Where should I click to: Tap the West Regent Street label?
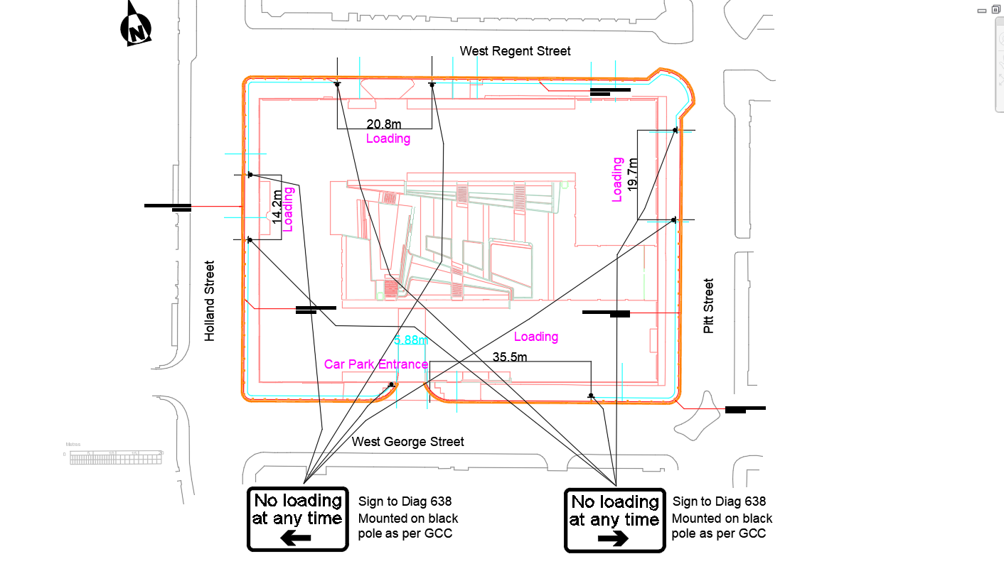[515, 51]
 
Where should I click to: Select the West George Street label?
[408, 442]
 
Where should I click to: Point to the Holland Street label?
[210, 301]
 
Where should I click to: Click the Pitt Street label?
[708, 306]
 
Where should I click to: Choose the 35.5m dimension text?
[510, 357]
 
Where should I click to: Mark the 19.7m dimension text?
[633, 173]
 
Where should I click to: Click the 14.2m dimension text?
[277, 207]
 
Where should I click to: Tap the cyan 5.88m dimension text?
[411, 340]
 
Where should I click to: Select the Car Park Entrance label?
[376, 364]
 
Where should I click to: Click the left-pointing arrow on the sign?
[296, 538]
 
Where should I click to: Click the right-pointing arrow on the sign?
[613, 538]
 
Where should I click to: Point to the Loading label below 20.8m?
[388, 139]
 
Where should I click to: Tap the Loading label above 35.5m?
[536, 337]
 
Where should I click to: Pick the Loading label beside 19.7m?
[617, 180]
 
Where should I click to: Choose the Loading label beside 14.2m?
[289, 210]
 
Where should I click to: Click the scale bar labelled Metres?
[117, 457]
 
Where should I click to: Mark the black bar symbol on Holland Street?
[169, 207]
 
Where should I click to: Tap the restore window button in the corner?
[995, 9]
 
